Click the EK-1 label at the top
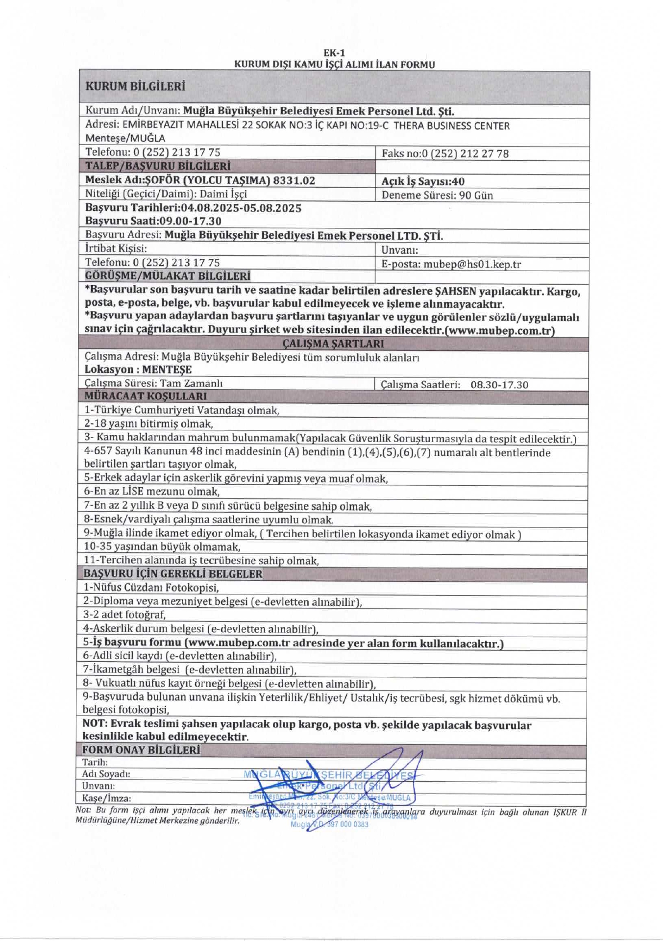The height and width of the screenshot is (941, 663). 334,53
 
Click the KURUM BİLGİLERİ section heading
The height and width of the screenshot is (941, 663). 135,87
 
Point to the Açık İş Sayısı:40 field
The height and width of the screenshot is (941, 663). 423,181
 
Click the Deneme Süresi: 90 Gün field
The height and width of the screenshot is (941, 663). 437,196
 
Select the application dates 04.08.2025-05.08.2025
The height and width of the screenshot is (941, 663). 241,208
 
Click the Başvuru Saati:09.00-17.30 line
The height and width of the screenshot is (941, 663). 153,221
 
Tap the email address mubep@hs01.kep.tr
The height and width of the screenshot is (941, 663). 472,265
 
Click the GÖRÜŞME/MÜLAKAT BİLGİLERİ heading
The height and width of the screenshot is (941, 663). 168,276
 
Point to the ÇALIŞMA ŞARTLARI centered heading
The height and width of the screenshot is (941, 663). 333,344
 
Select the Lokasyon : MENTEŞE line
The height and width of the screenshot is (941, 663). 138,370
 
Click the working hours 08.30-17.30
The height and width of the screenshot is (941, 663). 499,385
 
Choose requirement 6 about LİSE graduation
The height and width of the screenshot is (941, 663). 151,492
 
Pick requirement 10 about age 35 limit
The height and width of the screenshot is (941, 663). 162,546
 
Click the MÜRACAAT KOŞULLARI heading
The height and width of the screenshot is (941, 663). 146,396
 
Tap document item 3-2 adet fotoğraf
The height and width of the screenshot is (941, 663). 124,615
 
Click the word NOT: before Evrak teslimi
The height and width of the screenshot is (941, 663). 95,724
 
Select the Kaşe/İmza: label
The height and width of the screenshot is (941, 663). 106,798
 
